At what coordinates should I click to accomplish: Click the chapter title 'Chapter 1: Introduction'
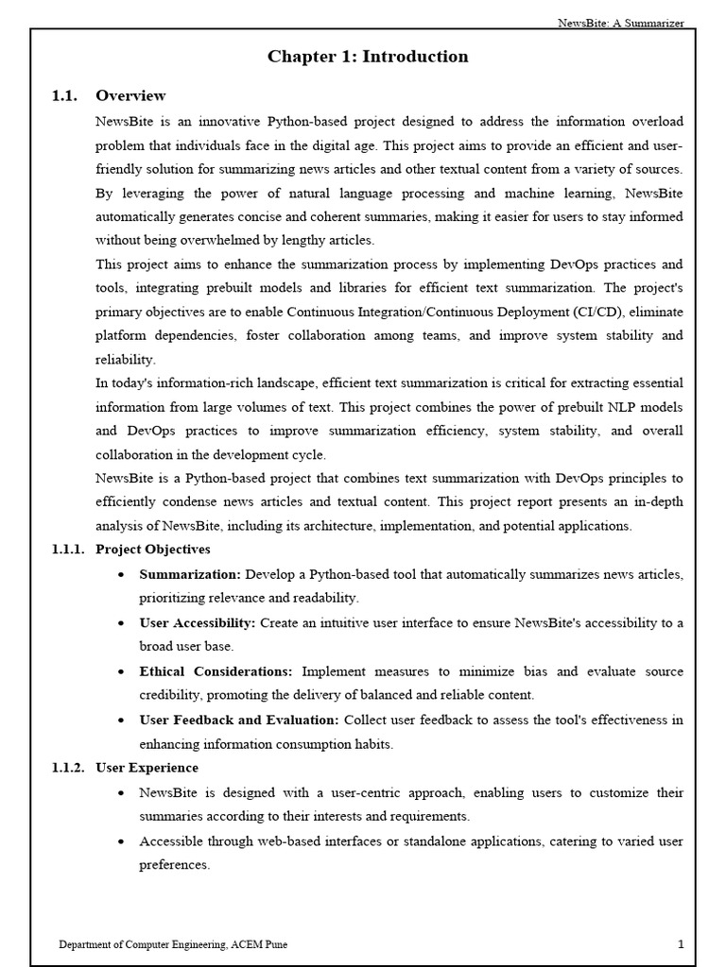coord(368,57)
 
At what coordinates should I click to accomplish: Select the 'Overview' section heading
coord(130,95)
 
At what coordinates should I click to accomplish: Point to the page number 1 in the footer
coord(681,943)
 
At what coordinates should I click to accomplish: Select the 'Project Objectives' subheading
coord(153,550)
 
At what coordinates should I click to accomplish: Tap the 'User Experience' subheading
coord(147,768)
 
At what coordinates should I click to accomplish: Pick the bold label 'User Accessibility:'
coord(198,623)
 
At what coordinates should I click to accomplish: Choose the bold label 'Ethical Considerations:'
coord(216,671)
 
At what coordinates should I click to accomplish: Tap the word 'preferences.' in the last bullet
coord(175,865)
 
